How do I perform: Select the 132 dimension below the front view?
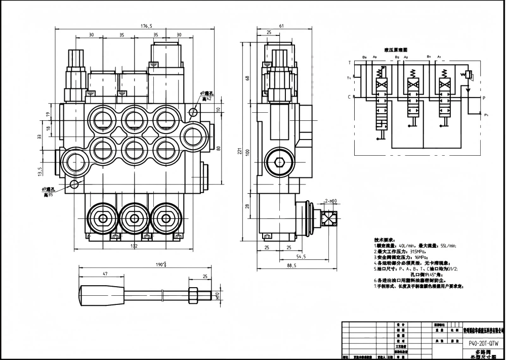tap(134, 246)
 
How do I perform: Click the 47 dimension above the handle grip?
tap(105, 274)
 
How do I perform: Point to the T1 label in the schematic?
tap(349, 78)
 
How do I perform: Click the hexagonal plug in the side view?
tap(277, 162)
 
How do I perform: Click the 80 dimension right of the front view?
tap(219, 148)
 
